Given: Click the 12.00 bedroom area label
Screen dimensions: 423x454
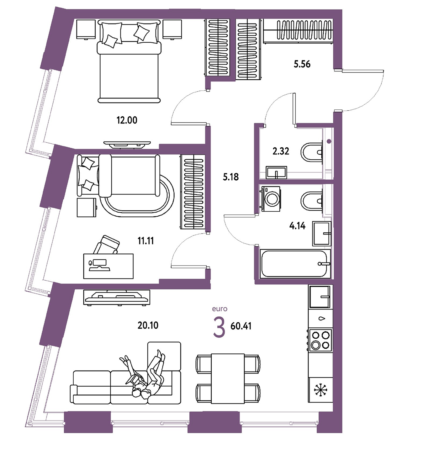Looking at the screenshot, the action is click(127, 120).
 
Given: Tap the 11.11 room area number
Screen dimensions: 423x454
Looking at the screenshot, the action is click(145, 241).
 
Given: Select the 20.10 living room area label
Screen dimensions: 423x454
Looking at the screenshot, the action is click(148, 325).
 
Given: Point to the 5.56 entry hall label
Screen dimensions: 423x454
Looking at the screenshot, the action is click(302, 64).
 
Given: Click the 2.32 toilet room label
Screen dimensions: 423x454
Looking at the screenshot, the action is click(281, 151).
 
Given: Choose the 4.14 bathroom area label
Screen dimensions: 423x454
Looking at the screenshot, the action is click(297, 226).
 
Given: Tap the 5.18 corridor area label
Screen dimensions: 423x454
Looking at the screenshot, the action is click(231, 177).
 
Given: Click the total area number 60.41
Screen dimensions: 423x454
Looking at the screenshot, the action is click(241, 326).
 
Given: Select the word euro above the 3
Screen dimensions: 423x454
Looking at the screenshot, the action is click(220, 309).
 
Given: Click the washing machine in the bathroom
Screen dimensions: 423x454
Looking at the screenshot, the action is click(271, 199).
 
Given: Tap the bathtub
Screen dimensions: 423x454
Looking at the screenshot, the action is click(295, 264).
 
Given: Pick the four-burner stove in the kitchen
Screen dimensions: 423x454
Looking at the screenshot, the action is click(320, 340).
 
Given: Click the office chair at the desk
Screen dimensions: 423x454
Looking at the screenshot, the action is click(107, 245).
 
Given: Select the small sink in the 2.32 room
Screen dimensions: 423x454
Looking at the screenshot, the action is click(276, 172).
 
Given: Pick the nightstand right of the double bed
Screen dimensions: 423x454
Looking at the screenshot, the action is click(172, 29).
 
